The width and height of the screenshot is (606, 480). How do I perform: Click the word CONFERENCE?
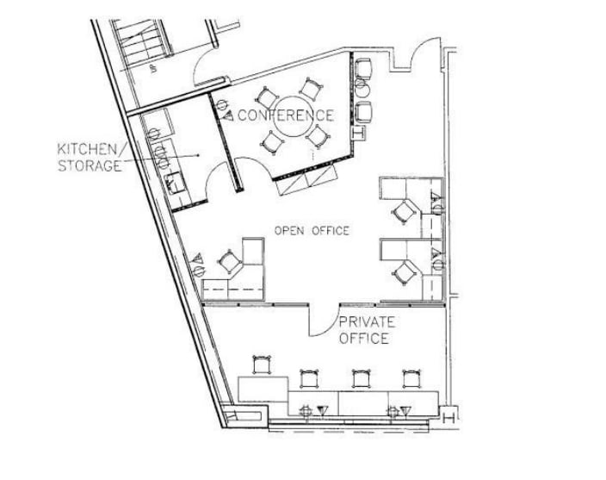[286, 115]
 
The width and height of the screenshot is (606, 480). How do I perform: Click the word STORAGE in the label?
[89, 165]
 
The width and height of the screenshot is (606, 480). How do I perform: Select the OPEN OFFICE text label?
[312, 230]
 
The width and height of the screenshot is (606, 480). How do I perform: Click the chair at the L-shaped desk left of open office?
[230, 260]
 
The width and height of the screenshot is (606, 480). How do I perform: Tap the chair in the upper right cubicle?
[402, 211]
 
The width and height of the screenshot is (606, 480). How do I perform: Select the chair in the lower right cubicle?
[402, 273]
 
